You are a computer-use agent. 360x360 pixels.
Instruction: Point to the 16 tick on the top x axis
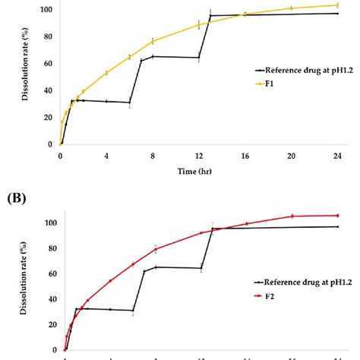[245, 156]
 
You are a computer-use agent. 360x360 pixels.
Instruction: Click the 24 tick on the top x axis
[337, 156]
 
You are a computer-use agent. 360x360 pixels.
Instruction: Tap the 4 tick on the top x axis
[106, 156]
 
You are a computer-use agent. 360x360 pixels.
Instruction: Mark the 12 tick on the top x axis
[199, 156]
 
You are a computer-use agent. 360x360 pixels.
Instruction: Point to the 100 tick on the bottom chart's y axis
[50, 223]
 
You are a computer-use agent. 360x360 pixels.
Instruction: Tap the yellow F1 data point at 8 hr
[153, 40]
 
